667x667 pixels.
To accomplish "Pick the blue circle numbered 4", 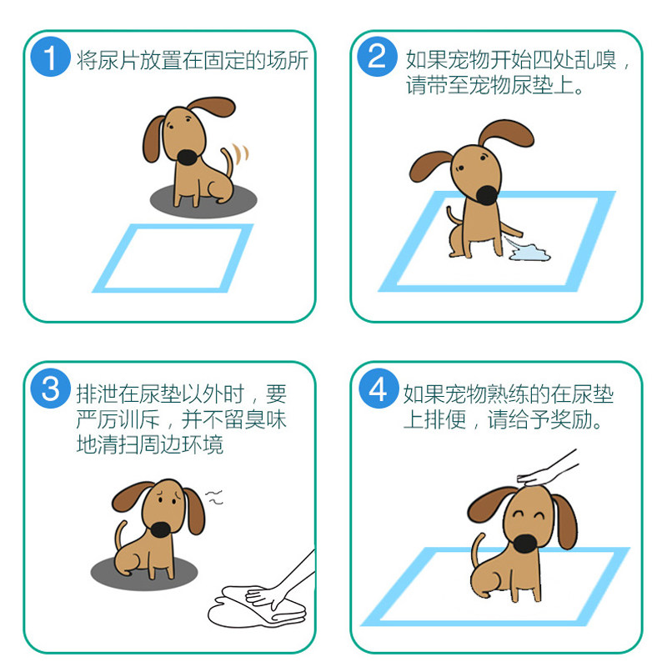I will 378,389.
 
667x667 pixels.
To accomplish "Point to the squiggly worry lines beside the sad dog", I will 215,498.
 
